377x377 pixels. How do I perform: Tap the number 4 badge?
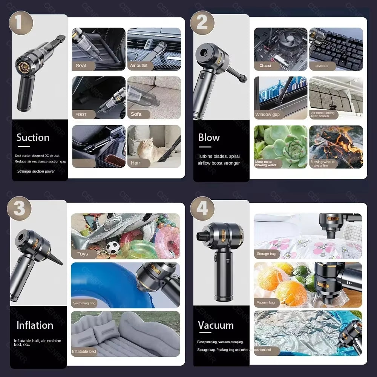[202, 208]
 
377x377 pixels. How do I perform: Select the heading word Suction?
[33, 138]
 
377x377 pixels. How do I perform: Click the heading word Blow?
[209, 138]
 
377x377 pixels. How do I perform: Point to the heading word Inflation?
[35, 325]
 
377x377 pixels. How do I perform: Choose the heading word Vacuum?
[216, 325]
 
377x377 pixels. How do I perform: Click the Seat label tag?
[81, 66]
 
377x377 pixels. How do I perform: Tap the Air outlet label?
[139, 66]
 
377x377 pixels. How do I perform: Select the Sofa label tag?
[136, 114]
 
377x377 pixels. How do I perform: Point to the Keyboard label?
[322, 66]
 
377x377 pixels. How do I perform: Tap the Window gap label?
[267, 115]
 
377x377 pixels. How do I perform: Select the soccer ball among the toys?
[113, 247]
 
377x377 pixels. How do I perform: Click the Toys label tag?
[83, 254]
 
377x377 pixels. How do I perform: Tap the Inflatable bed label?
[84, 351]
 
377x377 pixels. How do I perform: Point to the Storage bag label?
[266, 254]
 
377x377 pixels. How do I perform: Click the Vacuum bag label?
[266, 302]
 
